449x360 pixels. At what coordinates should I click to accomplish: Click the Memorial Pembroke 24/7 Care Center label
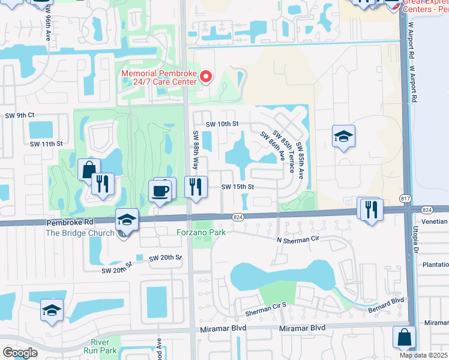159,77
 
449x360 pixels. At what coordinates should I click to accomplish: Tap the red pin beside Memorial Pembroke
205,76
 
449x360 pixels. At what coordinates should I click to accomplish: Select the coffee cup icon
161,191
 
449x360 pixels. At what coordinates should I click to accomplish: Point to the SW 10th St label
222,124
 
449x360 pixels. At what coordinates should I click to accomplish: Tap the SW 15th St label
238,187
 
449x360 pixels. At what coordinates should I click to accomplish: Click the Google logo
19,352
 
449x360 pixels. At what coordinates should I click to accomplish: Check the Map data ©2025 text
423,355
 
